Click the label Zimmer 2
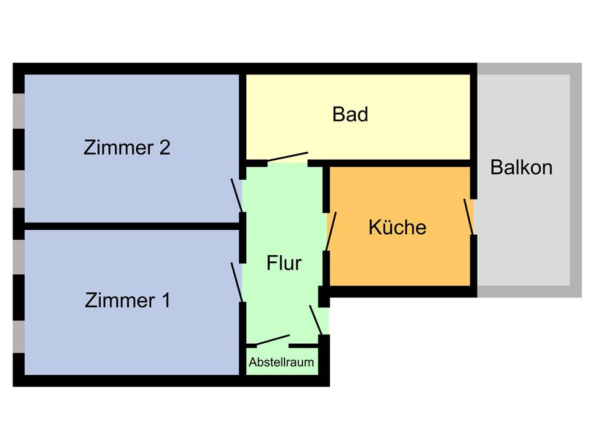[126, 148]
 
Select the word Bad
[350, 115]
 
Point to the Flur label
[284, 263]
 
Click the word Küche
[397, 227]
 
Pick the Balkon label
[522, 167]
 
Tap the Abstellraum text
[282, 362]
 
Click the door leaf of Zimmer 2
[237, 195]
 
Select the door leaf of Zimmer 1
[237, 281]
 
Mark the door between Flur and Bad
[287, 157]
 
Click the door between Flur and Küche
[332, 232]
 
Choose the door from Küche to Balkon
[469, 217]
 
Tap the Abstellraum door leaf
[273, 340]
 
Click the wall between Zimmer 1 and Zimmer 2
[130, 226]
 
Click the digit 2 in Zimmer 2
[164, 148]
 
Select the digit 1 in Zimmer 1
[165, 300]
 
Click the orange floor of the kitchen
[402, 260]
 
